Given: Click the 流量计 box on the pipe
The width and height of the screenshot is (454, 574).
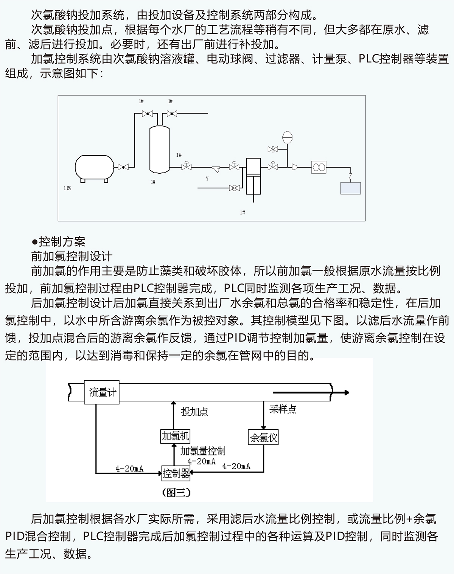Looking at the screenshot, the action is point(102,392).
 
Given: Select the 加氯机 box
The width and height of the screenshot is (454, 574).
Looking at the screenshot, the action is point(175,436).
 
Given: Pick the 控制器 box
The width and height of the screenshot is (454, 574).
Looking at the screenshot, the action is point(176,473).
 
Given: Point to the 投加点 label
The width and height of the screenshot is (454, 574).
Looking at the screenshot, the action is point(194,412).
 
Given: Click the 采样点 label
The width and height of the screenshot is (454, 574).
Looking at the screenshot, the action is point(283,409).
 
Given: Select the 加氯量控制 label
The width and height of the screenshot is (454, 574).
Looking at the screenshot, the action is point(203,451).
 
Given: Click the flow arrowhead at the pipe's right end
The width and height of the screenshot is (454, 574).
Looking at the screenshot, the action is point(347,392).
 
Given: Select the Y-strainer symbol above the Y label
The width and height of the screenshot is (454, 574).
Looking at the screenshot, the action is point(216,169).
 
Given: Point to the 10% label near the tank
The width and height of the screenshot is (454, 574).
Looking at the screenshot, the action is point(67,188).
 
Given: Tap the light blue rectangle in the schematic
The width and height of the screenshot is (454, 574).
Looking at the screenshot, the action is point(350,188).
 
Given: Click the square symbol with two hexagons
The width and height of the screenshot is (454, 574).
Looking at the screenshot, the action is point(319,167).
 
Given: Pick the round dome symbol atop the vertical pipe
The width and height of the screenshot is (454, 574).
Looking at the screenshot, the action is point(287,137).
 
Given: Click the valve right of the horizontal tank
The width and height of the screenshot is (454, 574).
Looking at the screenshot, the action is point(123,167).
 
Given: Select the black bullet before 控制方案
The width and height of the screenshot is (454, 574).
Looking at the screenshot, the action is point(34,242).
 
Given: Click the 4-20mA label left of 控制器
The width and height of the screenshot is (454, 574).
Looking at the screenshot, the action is point(129,468).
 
